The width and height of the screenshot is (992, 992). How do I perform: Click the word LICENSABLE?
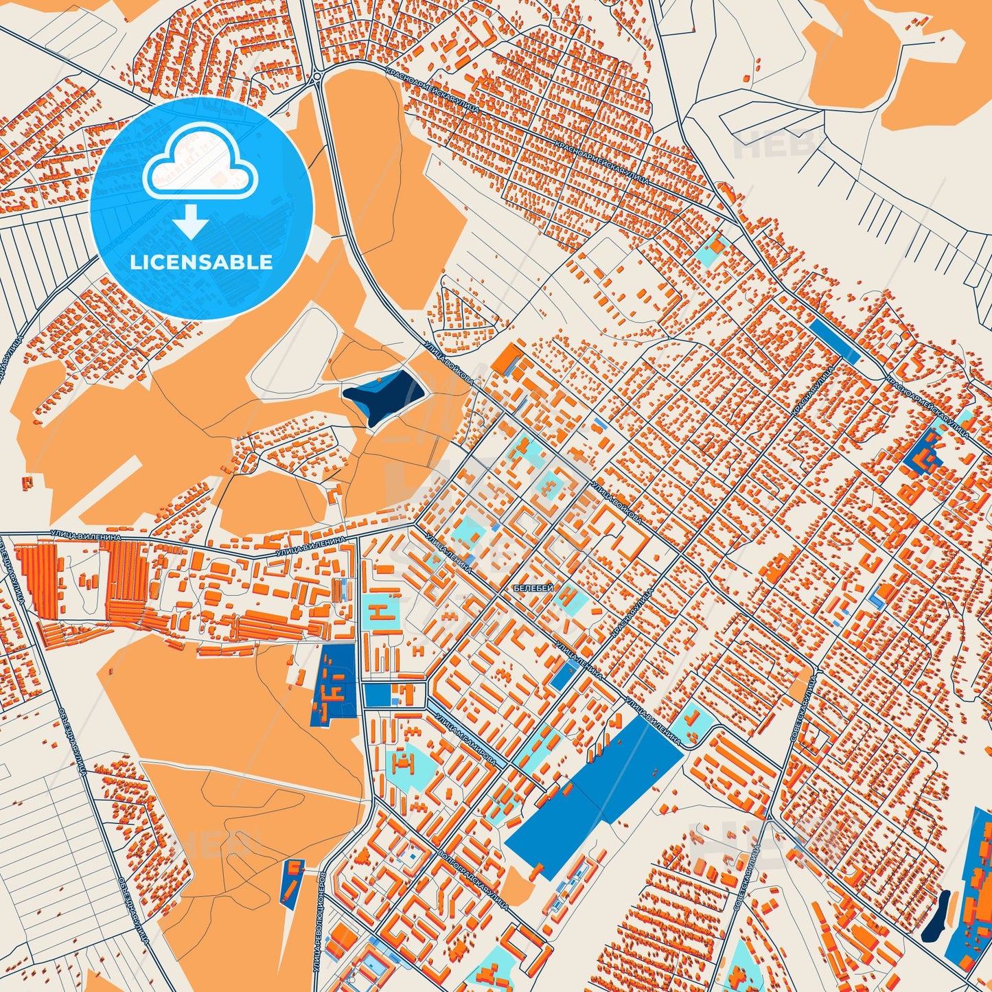(x=202, y=262)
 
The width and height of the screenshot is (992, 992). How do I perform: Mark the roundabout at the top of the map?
(x=317, y=78)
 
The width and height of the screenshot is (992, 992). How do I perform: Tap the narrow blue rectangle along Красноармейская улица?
(x=833, y=340)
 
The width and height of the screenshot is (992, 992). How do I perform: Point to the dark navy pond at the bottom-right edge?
(x=934, y=916)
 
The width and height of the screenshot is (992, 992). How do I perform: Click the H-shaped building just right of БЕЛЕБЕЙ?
(x=569, y=598)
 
